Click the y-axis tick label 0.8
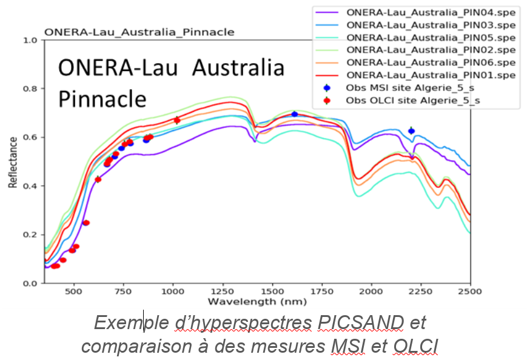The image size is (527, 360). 30,89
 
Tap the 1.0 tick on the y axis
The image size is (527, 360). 30,41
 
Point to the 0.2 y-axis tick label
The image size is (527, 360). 30,235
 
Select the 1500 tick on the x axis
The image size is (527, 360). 272,292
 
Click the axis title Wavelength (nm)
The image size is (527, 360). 257,301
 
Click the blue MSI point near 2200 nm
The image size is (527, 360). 411,131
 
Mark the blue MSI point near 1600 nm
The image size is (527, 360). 295,114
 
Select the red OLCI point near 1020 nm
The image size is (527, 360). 177,121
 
